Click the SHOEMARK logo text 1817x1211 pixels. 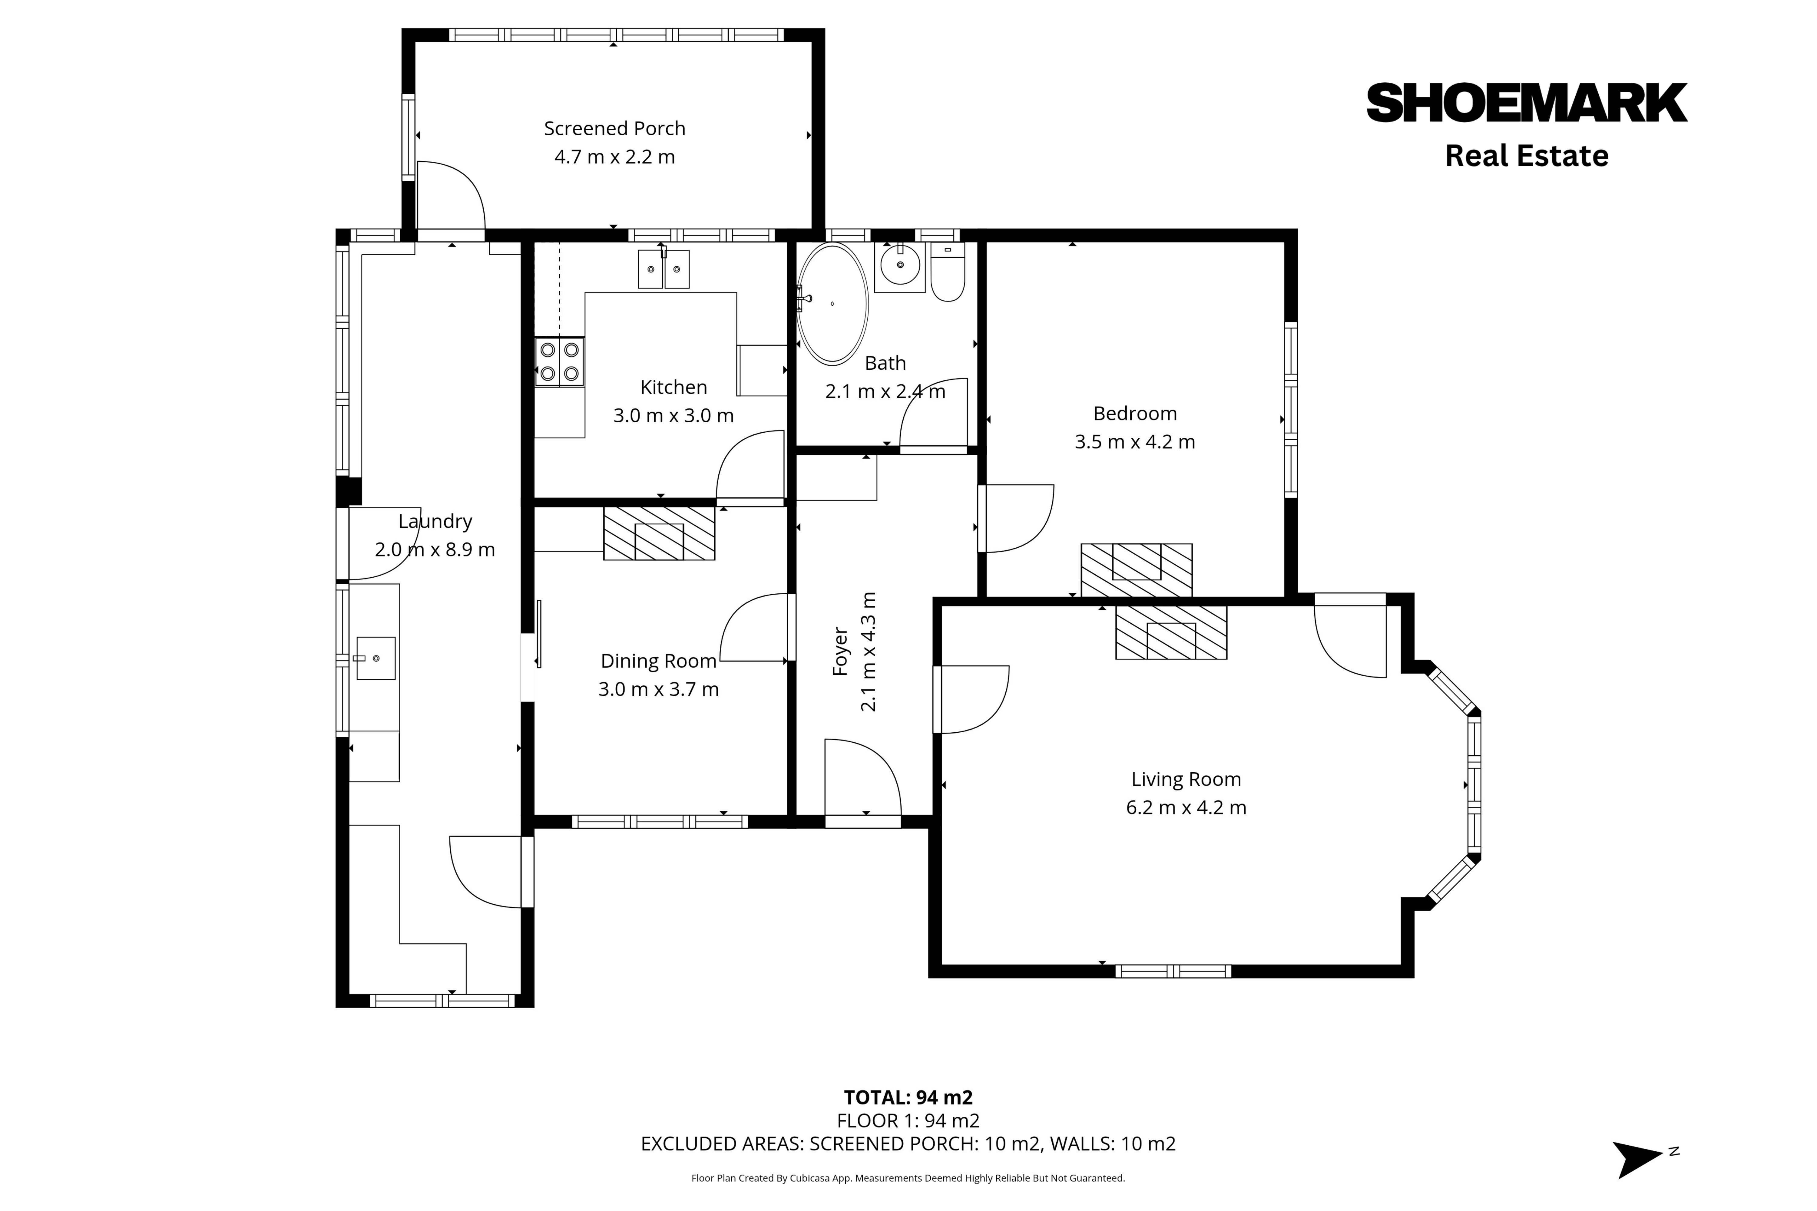(x=1527, y=103)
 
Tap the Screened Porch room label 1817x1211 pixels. (x=614, y=128)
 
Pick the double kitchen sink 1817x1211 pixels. (x=664, y=269)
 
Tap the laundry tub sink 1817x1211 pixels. (x=376, y=658)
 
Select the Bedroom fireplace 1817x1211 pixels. (x=1137, y=570)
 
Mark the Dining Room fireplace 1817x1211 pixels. (x=659, y=533)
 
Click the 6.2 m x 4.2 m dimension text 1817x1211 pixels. (x=1186, y=808)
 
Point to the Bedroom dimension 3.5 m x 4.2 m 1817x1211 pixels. (x=1135, y=442)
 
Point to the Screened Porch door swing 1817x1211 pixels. (x=461, y=179)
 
